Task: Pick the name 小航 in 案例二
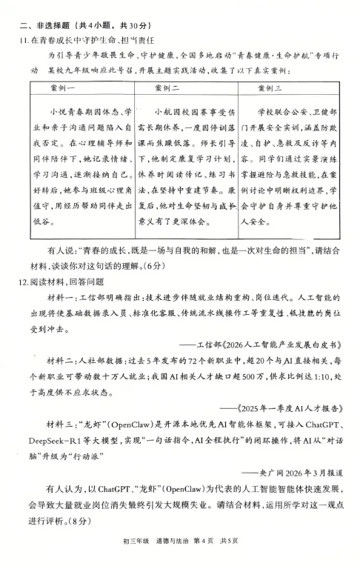coord(162,110)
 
